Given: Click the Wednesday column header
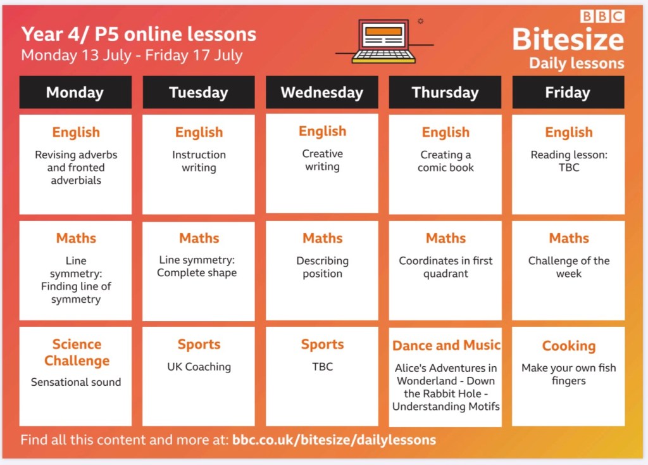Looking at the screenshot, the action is (x=322, y=92).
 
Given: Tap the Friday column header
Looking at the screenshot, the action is (x=568, y=92).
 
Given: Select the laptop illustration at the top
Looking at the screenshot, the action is (x=384, y=41).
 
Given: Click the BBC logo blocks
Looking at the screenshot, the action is (x=602, y=16).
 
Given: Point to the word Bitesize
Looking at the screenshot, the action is (x=568, y=40).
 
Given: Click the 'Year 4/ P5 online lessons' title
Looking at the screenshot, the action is (x=139, y=34).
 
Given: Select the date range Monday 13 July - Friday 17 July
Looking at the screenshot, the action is (x=132, y=55).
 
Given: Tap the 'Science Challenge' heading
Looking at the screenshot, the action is (x=77, y=352).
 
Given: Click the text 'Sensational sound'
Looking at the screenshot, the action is (x=76, y=382).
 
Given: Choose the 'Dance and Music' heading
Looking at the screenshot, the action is (x=446, y=345).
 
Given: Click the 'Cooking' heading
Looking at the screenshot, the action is (x=569, y=346).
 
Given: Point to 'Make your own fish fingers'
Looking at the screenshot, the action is (x=569, y=374).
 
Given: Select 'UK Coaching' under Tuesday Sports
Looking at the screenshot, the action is (x=199, y=367).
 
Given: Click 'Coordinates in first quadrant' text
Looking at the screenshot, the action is (x=446, y=267).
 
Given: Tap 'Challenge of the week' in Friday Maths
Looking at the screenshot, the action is (x=569, y=267).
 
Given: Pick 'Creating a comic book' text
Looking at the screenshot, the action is (x=446, y=161).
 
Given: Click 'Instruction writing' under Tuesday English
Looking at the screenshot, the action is (x=199, y=161).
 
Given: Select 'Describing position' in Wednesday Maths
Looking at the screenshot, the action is (x=322, y=267).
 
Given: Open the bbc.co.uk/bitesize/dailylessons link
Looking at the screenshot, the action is (x=334, y=440).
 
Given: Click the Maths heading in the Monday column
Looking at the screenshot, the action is (x=76, y=238).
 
